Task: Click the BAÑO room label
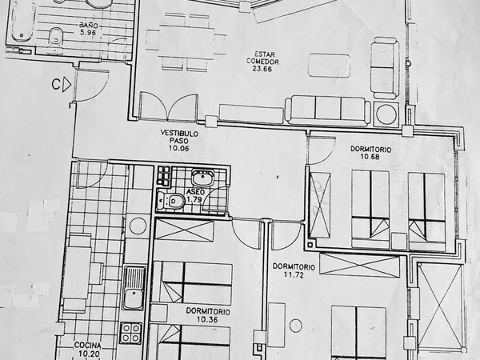click(88, 25)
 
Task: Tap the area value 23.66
click(262, 69)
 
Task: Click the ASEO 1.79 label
click(194, 196)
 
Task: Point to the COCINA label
click(87, 346)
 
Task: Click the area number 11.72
click(294, 274)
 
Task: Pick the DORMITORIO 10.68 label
click(370, 153)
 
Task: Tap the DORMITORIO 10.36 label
click(208, 315)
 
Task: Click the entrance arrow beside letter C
click(66, 85)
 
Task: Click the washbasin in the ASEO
click(202, 178)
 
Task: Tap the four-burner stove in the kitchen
click(131, 333)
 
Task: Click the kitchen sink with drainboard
click(134, 288)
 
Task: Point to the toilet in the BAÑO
click(56, 36)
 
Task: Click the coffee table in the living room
click(329, 66)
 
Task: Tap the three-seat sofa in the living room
click(328, 110)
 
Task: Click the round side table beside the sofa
click(386, 114)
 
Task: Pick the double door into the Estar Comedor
click(169, 106)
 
